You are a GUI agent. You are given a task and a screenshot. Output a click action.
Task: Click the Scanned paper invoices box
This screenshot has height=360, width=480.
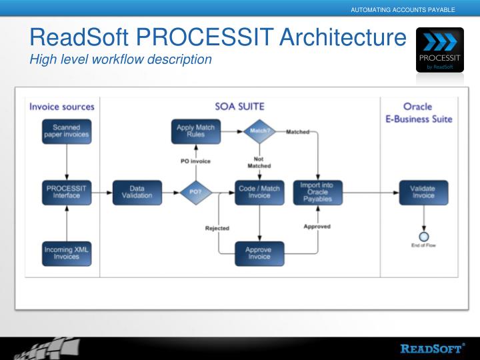click(66, 131)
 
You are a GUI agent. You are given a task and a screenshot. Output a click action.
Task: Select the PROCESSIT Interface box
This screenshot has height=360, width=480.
click(66, 192)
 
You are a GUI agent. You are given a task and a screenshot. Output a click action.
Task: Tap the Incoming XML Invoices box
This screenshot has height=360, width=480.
click(66, 253)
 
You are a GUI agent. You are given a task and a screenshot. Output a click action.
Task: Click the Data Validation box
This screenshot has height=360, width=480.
click(137, 192)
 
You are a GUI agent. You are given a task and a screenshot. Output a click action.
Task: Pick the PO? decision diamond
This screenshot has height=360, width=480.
click(195, 192)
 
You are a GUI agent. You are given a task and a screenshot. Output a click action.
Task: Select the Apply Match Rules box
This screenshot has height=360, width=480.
click(195, 131)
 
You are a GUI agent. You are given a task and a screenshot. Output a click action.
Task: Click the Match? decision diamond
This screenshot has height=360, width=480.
click(259, 131)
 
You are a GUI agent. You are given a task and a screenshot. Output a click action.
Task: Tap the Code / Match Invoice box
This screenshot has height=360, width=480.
click(259, 192)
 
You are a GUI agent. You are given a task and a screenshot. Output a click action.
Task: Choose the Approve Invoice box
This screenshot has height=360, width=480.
click(259, 253)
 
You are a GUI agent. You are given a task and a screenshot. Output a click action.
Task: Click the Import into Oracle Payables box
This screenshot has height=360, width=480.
click(317, 192)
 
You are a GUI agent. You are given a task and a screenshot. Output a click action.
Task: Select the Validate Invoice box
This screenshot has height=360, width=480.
click(423, 192)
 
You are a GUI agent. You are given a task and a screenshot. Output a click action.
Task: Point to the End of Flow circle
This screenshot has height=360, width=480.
click(423, 236)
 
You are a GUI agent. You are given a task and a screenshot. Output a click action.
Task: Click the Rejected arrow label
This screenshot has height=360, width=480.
click(217, 228)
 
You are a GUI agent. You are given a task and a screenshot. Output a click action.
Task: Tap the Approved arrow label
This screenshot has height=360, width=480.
click(317, 227)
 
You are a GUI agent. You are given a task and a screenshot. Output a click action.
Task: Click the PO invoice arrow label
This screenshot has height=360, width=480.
click(195, 161)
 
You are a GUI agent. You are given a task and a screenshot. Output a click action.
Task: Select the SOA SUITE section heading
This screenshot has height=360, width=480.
click(239, 107)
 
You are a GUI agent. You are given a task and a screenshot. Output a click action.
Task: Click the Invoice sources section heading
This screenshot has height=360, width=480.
click(62, 107)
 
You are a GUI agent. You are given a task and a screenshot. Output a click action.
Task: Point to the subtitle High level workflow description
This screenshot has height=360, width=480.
click(121, 60)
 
